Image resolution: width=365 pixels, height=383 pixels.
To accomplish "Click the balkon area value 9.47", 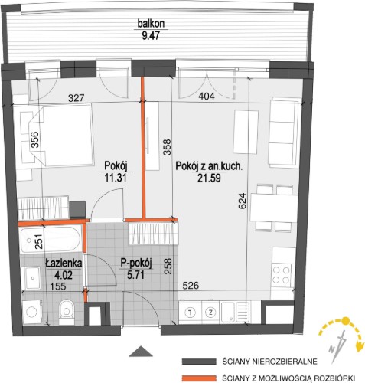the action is pyautogui.click(x=151, y=35).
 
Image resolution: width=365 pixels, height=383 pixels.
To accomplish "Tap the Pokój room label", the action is pyautogui.click(x=116, y=166).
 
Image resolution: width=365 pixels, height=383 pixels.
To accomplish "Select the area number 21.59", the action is pyautogui.click(x=209, y=178).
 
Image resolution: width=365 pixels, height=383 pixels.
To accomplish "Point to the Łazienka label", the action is pyautogui.click(x=64, y=264).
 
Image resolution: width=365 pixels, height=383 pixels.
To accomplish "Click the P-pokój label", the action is pyautogui.click(x=136, y=264).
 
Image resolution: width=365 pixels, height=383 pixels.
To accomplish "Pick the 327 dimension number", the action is pyautogui.click(x=76, y=98).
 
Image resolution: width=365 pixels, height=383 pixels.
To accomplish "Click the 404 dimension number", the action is pyautogui.click(x=207, y=97).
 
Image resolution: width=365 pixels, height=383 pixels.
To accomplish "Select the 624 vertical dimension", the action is pyautogui.click(x=243, y=201).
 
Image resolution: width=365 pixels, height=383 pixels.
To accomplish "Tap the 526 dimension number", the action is pyautogui.click(x=191, y=286).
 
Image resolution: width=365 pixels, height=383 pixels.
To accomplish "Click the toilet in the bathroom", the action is pyautogui.click(x=67, y=312).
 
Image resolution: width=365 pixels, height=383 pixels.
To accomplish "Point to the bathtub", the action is pyautogui.click(x=51, y=241).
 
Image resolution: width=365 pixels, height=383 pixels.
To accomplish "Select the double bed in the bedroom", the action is pyautogui.click(x=60, y=135).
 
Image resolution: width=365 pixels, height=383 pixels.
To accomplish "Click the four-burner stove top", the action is pyautogui.click(x=282, y=275).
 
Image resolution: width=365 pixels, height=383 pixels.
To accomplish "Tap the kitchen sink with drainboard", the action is pyautogui.click(x=236, y=312).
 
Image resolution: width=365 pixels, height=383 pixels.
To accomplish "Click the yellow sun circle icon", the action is pyautogui.click(x=345, y=320).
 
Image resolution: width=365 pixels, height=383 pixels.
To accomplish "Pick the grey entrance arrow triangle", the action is pyautogui.click(x=141, y=351).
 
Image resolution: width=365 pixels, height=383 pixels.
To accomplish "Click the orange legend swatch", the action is pyautogui.click(x=198, y=378).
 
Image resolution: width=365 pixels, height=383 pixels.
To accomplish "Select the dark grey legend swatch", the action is pyautogui.click(x=198, y=362).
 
